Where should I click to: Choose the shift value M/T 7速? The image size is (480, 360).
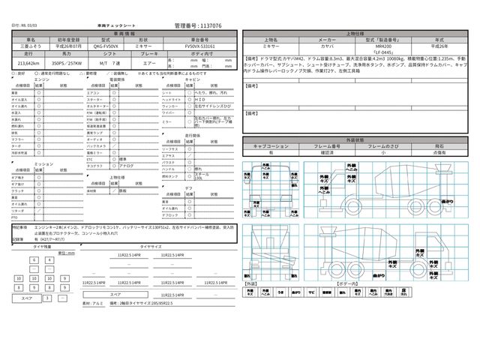coord(109,64)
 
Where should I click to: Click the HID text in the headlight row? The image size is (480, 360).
coord(198,98)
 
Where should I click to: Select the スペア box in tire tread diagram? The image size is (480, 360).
coord(28,298)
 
